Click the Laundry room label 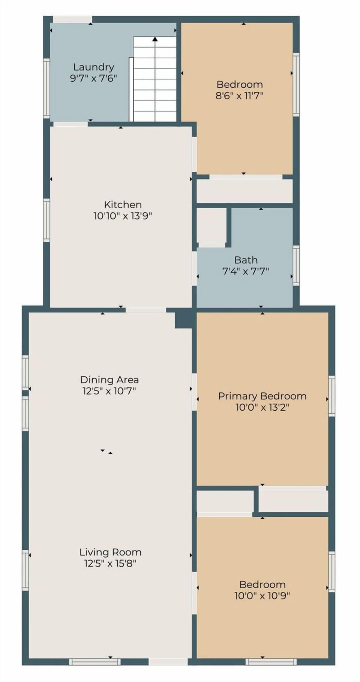click(93, 67)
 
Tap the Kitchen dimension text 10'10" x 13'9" click(123, 216)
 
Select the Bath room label click(246, 260)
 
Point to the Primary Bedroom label click(262, 396)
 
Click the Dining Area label click(109, 379)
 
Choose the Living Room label click(110, 552)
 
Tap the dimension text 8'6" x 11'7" click(239, 96)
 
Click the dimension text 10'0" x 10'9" click(262, 595)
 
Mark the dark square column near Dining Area click(184, 320)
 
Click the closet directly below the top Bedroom click(244, 191)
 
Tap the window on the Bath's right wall click(296, 265)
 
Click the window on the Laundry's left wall click(46, 88)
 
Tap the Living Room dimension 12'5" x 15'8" click(110, 563)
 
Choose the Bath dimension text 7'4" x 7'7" click(246, 271)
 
